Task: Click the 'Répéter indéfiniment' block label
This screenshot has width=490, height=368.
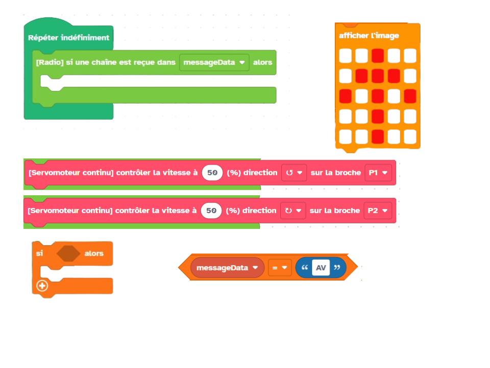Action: click(68, 38)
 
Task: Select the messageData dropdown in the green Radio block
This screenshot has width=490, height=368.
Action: click(214, 62)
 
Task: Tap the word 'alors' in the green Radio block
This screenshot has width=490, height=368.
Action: click(262, 62)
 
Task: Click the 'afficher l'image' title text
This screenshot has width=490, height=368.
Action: click(369, 35)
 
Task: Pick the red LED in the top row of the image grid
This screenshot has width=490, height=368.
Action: click(378, 56)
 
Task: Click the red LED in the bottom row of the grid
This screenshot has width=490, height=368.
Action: click(378, 137)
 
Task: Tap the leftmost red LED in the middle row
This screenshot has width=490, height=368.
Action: click(346, 97)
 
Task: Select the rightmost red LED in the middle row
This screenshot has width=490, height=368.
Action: click(410, 97)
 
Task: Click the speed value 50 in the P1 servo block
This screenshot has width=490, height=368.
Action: click(212, 173)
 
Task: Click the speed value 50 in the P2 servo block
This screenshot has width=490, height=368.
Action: click(211, 211)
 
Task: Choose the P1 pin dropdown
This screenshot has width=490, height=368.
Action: click(378, 173)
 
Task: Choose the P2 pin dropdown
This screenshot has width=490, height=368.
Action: click(378, 211)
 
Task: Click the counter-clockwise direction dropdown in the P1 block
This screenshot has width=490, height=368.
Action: click(294, 173)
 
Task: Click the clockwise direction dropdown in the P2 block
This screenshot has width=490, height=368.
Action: click(293, 211)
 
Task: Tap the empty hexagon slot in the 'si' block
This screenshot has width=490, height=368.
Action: click(68, 253)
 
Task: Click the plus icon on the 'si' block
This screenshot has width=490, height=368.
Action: click(42, 286)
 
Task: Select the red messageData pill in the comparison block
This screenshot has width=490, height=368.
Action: click(227, 268)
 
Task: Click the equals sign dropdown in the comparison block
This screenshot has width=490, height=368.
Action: click(280, 268)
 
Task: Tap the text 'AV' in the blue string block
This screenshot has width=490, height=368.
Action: click(321, 268)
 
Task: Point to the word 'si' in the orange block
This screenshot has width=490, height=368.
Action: click(39, 253)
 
